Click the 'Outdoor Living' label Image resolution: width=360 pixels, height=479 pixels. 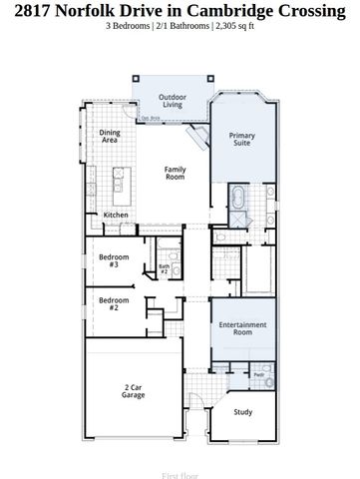pos(172,101)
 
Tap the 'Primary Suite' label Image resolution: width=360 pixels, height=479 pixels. pos(241,140)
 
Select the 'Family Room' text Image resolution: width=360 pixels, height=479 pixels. pos(175,174)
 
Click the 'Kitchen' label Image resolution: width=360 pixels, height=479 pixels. pos(116,215)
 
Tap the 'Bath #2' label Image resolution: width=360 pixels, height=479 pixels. pos(165,269)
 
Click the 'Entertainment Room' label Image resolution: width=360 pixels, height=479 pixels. pos(242,329)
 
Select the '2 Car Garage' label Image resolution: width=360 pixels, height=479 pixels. pos(134,391)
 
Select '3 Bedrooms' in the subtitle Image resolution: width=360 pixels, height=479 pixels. pos(131,25)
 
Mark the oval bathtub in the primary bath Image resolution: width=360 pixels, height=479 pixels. pos(240,195)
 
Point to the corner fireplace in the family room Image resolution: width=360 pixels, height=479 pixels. pos(198,136)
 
